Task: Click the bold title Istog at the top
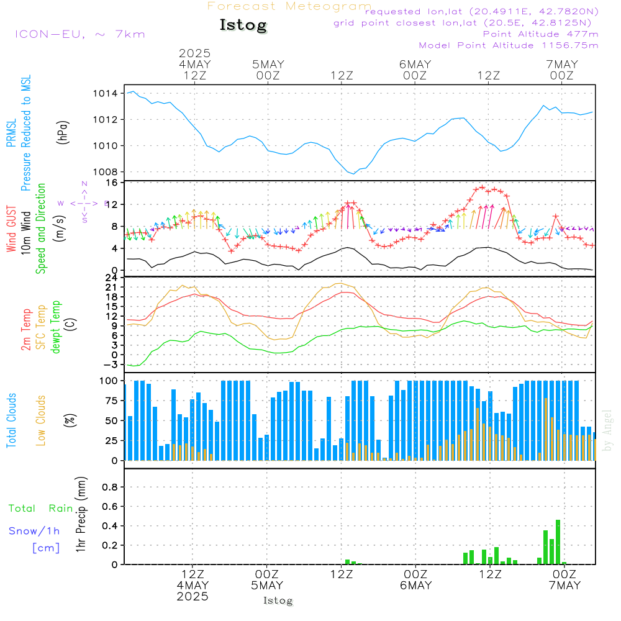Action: point(243,25)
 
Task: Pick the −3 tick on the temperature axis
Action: point(112,365)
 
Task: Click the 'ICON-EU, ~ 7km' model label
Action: point(79,34)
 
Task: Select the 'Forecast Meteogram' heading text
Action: point(289,6)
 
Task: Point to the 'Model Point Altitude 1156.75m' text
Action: point(509,45)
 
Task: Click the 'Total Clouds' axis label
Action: point(12,420)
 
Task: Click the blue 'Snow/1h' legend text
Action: point(34,531)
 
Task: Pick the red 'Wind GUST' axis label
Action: point(12,230)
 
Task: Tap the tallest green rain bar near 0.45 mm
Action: point(558,542)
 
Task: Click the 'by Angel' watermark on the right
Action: point(608,430)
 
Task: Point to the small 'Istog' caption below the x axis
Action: point(278,601)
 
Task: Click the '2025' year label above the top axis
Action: point(194,53)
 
